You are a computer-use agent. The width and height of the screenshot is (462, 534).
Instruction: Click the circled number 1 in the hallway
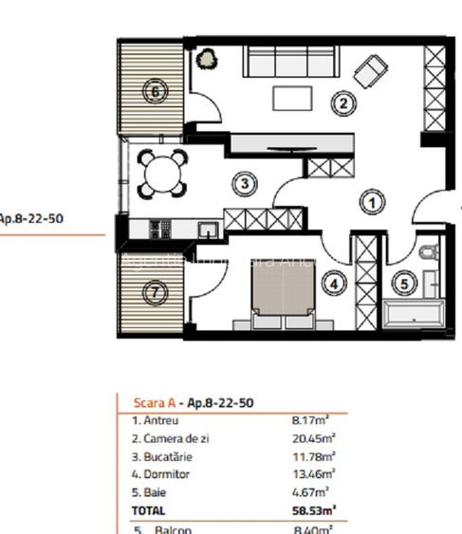click(x=373, y=202)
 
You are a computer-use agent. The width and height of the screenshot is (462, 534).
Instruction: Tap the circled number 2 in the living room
click(x=342, y=103)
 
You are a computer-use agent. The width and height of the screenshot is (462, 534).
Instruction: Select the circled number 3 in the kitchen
click(x=245, y=183)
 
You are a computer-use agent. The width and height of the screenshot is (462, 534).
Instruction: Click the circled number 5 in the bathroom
click(x=404, y=282)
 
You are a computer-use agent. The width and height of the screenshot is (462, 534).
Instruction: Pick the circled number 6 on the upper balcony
click(x=156, y=92)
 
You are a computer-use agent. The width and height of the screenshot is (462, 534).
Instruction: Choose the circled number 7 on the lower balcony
click(x=156, y=293)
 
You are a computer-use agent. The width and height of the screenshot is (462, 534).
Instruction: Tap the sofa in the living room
click(x=289, y=62)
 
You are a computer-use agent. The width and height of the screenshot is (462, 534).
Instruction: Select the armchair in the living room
click(x=370, y=69)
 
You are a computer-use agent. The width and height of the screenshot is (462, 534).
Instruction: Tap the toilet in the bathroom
click(x=428, y=254)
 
